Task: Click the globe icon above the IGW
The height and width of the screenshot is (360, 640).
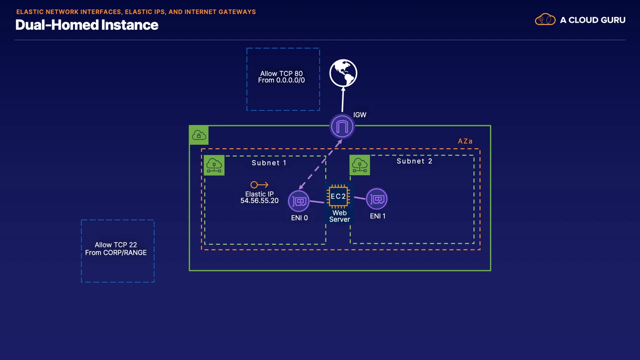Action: tap(343, 73)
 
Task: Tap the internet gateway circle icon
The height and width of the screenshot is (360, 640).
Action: tap(342, 126)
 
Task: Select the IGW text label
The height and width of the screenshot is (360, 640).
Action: tap(360, 115)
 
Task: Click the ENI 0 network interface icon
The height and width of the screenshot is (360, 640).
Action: tap(299, 201)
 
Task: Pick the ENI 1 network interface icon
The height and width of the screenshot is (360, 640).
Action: tap(377, 199)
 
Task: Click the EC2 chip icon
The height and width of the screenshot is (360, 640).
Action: tap(338, 196)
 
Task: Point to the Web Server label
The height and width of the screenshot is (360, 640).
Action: tap(339, 216)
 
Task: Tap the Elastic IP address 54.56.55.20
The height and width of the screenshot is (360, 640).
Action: tap(259, 201)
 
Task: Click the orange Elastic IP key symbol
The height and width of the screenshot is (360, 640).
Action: tap(259, 185)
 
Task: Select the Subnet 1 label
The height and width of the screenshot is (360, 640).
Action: tap(269, 163)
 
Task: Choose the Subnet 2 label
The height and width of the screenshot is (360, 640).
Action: tap(414, 161)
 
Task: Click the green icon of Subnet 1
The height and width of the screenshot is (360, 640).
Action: tap(214, 165)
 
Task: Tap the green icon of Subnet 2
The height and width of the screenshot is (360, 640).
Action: tap(360, 165)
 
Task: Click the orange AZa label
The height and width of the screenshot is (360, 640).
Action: tap(465, 141)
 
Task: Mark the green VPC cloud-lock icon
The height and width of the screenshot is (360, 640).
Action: tap(199, 135)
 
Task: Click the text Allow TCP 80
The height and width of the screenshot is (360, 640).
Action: tap(281, 73)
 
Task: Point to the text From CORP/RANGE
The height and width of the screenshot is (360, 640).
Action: tap(116, 253)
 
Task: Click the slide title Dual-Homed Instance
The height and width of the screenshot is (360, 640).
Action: tap(87, 25)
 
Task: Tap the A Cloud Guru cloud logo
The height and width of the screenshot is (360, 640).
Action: tap(545, 20)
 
